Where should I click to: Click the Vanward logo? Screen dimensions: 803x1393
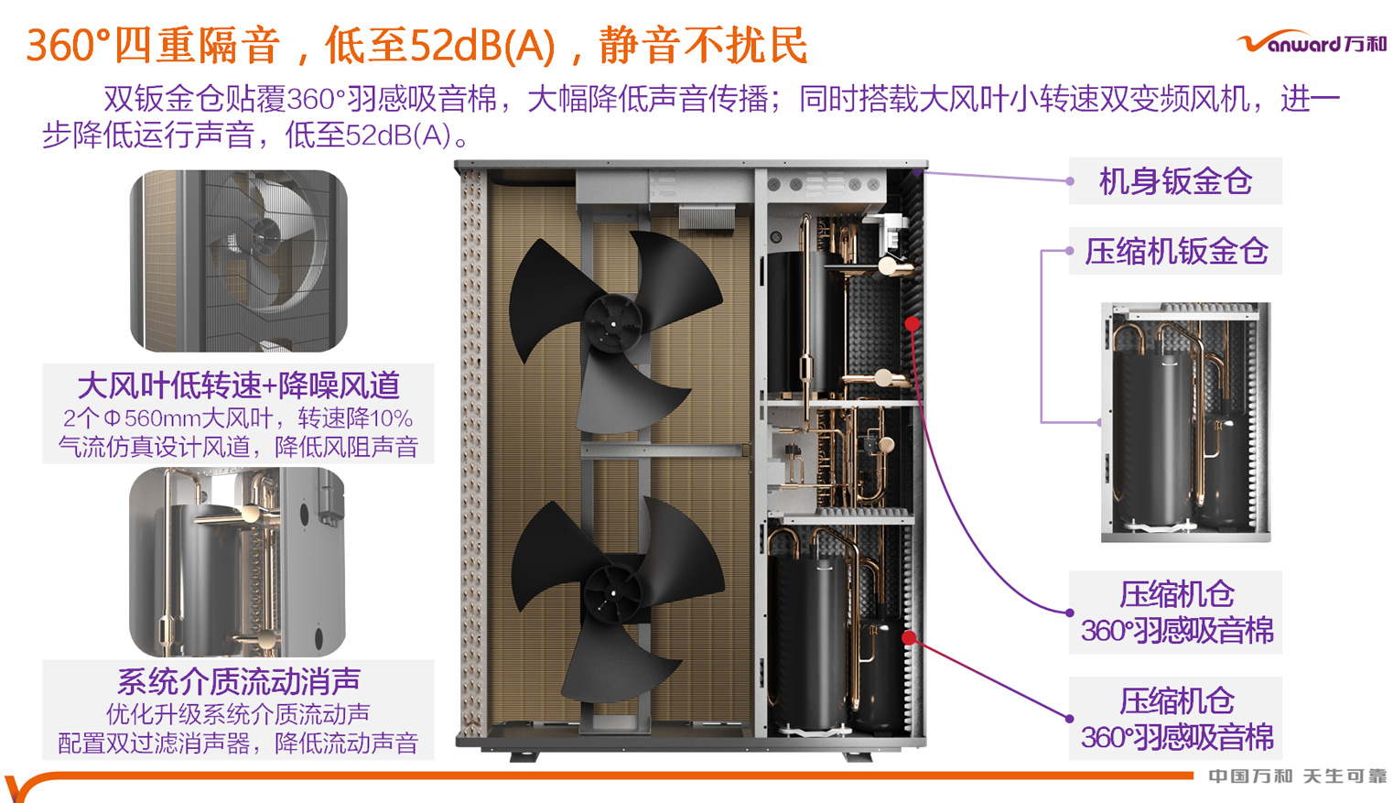[x=1312, y=43]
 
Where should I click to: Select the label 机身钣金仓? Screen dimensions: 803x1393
[x=1175, y=181]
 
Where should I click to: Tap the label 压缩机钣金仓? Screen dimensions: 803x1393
[x=1176, y=251]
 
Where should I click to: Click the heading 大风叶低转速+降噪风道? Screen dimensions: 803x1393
[x=238, y=385]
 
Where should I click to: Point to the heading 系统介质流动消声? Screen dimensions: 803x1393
[x=238, y=681]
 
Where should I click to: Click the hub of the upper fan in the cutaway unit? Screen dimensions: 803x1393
[x=612, y=321]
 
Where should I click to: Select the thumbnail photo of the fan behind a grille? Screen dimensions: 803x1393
[x=238, y=261]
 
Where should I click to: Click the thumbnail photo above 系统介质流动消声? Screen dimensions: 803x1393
[x=237, y=561]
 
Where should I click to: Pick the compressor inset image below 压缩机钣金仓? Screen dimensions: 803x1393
[x=1185, y=421]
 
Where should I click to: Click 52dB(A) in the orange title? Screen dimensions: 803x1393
[x=482, y=46]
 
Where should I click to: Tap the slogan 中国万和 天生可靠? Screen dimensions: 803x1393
[x=1296, y=776]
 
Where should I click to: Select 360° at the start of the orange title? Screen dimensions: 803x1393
[x=69, y=46]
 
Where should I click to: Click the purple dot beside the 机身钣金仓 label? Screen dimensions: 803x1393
[x=1070, y=181]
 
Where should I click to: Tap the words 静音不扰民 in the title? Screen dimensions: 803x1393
[x=703, y=46]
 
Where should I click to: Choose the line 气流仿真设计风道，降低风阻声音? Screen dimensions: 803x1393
[x=238, y=447]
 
